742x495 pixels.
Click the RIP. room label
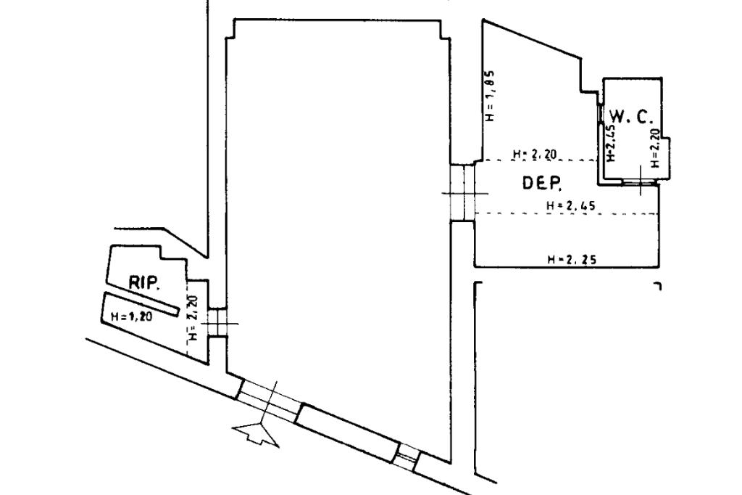pos(144,284)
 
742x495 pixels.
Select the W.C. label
pos(631,115)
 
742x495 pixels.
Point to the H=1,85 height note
pos(490,95)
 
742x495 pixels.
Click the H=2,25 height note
pos(572,258)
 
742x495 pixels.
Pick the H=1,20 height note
pos(131,316)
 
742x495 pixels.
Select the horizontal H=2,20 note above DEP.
pos(533,154)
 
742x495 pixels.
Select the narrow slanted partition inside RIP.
pos(141,304)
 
